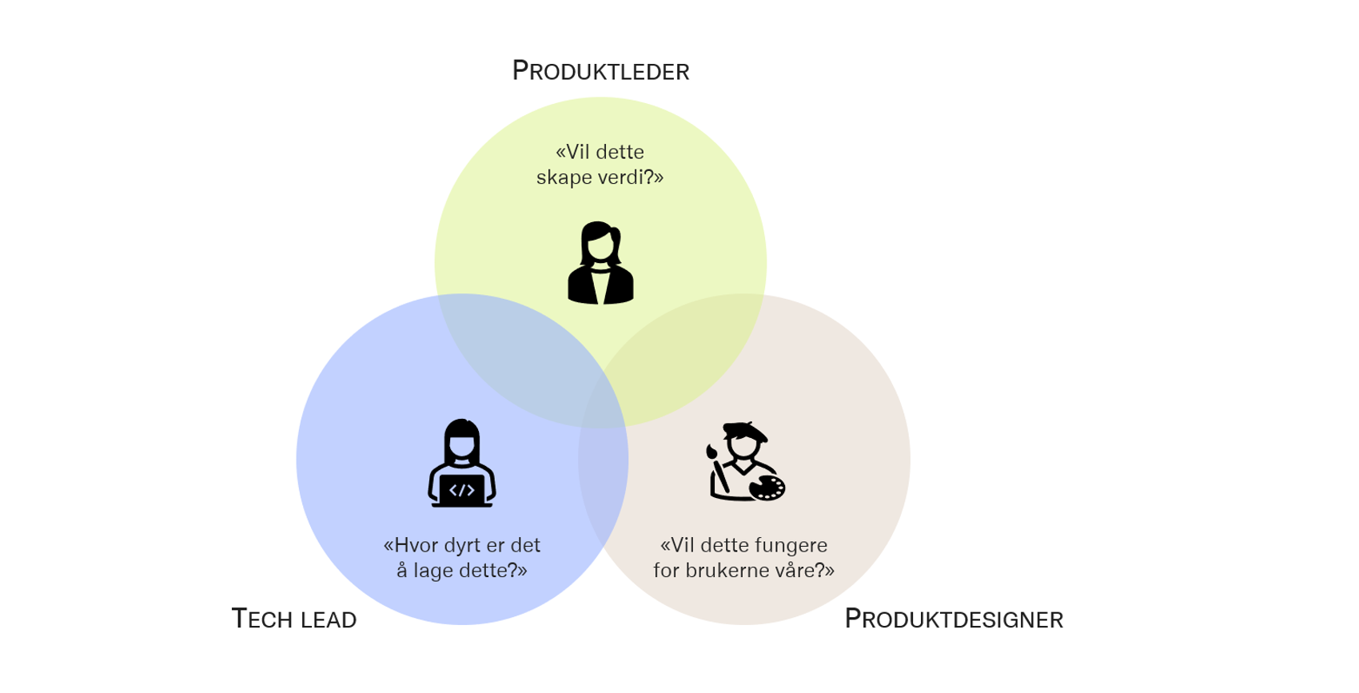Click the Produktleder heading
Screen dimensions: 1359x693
tap(600, 71)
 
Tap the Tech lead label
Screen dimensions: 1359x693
tap(293, 619)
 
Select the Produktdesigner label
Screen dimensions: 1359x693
tap(954, 619)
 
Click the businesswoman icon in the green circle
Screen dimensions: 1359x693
tap(600, 263)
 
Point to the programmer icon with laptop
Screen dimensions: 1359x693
tap(462, 463)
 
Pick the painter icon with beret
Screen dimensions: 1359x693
tap(745, 462)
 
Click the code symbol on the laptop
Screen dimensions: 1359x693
tap(462, 490)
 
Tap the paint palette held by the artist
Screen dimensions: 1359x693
tap(767, 487)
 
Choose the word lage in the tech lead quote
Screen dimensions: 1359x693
tap(434, 571)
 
